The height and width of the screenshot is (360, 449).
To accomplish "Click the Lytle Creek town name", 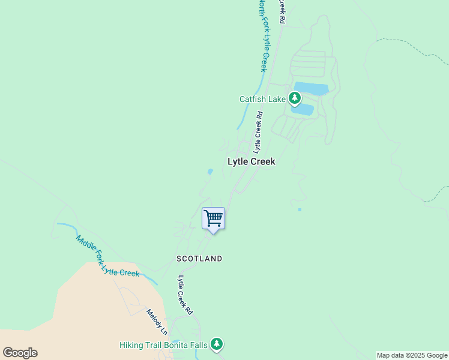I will click(251, 161).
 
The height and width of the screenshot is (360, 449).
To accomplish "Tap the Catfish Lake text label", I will click(262, 99).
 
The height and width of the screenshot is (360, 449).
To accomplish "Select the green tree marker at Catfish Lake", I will click(294, 97).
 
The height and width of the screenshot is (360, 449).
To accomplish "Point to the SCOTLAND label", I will click(199, 259).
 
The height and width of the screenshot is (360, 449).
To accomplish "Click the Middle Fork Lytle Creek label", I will click(107, 257).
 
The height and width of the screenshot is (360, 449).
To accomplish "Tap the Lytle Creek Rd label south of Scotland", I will click(185, 295).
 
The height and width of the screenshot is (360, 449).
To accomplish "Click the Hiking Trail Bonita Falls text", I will click(163, 345).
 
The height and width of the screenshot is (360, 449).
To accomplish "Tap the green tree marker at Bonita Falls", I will click(217, 344).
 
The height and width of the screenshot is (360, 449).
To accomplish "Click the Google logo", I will click(20, 353).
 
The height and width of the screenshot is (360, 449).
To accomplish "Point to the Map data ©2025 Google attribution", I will click(412, 355).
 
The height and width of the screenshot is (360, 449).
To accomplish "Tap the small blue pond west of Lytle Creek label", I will click(209, 172).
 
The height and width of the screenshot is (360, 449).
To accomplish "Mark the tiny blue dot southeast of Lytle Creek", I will click(300, 209).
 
